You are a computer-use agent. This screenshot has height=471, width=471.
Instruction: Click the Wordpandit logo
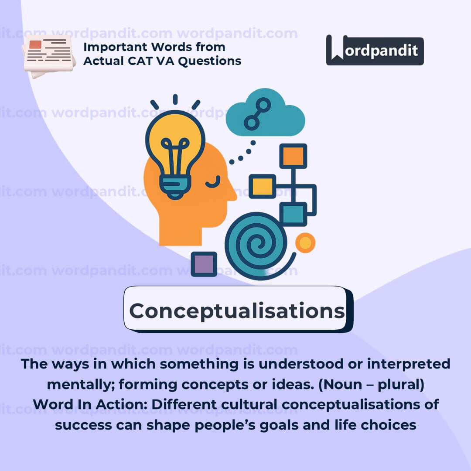[375, 50]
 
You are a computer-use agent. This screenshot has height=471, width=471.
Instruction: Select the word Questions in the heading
[210, 61]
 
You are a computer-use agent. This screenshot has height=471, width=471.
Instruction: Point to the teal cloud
[266, 113]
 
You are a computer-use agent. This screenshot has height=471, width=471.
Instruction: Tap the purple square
[204, 264]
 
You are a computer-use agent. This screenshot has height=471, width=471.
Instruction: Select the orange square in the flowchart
[293, 156]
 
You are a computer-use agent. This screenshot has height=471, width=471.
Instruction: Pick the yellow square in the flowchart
[263, 186]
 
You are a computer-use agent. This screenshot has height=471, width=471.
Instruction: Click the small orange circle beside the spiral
[305, 243]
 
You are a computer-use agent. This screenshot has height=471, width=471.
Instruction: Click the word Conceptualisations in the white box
[237, 311]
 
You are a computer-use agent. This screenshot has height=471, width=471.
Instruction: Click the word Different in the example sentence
[184, 405]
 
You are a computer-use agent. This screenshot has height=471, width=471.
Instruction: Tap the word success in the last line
[83, 426]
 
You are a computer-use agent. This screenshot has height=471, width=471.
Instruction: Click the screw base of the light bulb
[175, 188]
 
